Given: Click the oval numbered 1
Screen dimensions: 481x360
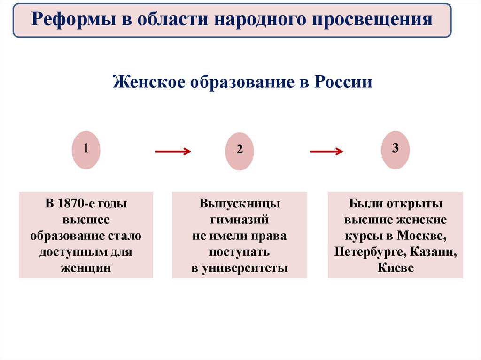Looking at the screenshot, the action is point(86,149).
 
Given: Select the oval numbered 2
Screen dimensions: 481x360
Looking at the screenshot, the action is point(240,151).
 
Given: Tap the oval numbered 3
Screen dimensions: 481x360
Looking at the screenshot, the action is point(396,149).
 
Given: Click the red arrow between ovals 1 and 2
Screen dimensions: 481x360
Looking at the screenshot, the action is point(173,151).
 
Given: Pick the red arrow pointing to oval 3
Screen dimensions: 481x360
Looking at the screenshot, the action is point(326,151).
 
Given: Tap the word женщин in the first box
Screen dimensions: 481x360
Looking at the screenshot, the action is point(86,268).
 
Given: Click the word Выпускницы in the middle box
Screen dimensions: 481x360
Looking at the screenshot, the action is point(240,204).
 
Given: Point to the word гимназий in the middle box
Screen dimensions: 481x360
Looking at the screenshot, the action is point(240,220).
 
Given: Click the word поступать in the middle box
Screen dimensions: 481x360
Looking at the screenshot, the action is point(240,252).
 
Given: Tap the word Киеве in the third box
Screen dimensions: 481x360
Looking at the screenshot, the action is point(396,268).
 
